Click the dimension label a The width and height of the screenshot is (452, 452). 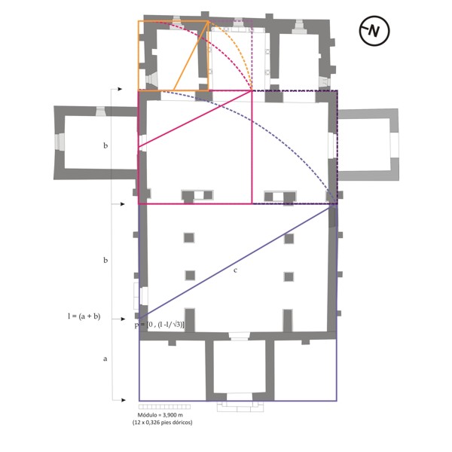[x=105, y=359]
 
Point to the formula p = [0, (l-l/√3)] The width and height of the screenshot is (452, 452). [x=159, y=323]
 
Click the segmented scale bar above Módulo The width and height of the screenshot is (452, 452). [x=164, y=408]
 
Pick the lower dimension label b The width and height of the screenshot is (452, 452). [x=105, y=260]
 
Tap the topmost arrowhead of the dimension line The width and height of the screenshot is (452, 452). [x=115, y=89]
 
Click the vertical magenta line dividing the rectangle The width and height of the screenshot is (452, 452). [x=252, y=151]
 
